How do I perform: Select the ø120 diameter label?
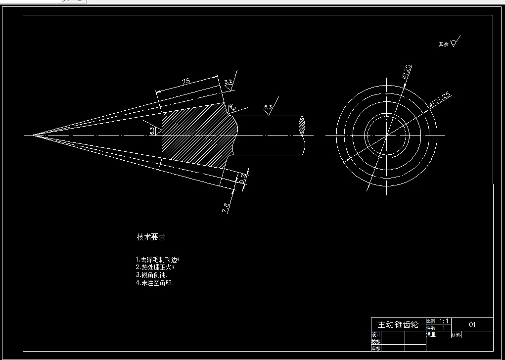pyautogui.click(x=408, y=72)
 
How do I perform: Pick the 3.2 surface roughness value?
pyautogui.click(x=228, y=82)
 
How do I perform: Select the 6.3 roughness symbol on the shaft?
pyautogui.click(x=268, y=107)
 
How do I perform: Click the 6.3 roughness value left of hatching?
pyautogui.click(x=152, y=131)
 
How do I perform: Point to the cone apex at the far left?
pyautogui.click(x=33, y=135)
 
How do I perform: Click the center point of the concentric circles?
pyautogui.click(x=387, y=135)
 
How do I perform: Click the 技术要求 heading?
pyautogui.click(x=151, y=237)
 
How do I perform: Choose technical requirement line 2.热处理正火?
pyautogui.click(x=155, y=267)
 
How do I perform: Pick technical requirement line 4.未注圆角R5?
pyautogui.click(x=154, y=283)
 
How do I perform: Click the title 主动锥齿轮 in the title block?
pyautogui.click(x=398, y=325)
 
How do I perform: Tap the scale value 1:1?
pyautogui.click(x=444, y=321)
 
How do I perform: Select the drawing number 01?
pyautogui.click(x=472, y=325)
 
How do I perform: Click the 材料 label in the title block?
pyautogui.click(x=456, y=335)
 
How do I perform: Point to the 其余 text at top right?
pyautogui.click(x=443, y=44)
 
